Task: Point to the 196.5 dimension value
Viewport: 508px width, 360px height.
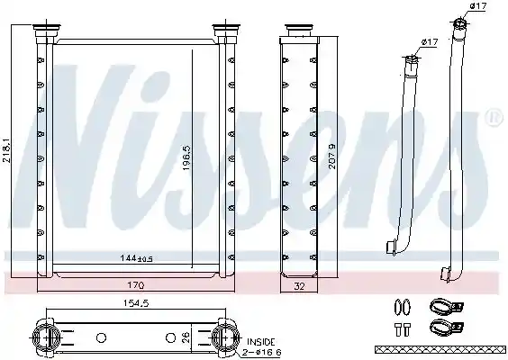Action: pyautogui.click(x=187, y=157)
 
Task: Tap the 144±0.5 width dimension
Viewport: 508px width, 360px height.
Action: pyautogui.click(x=136, y=258)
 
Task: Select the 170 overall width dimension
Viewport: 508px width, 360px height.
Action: pyautogui.click(x=136, y=285)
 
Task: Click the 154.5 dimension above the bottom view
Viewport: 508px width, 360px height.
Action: pyautogui.click(x=136, y=303)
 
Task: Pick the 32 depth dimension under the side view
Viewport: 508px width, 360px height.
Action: pyautogui.click(x=299, y=286)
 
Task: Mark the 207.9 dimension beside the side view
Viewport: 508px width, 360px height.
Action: pyautogui.click(x=332, y=157)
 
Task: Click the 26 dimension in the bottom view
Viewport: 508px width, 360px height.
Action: pyautogui.click(x=186, y=338)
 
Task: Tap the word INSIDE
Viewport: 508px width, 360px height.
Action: pyautogui.click(x=261, y=342)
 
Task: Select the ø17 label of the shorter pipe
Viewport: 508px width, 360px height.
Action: pyautogui.click(x=430, y=42)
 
